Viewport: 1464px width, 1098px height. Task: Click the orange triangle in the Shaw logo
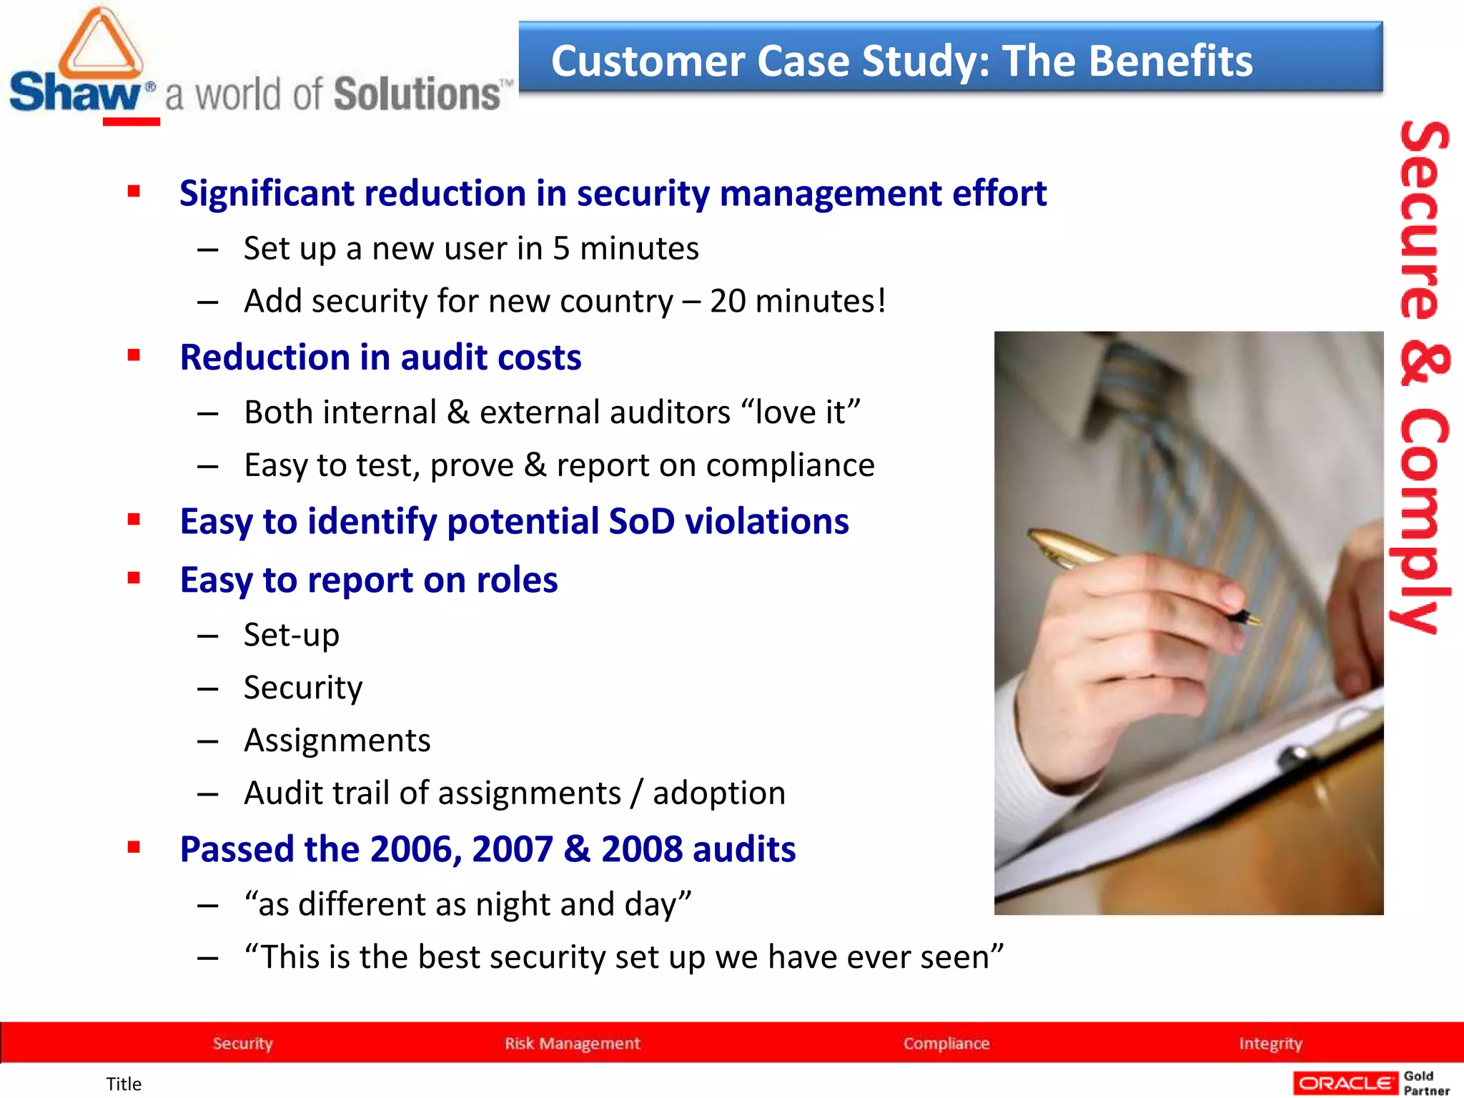(x=101, y=44)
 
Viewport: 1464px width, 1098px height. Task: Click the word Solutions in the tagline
(x=417, y=95)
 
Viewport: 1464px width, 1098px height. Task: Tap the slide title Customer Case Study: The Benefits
(x=901, y=61)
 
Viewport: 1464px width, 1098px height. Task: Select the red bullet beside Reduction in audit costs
(x=134, y=355)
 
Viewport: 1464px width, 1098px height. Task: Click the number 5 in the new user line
(x=561, y=249)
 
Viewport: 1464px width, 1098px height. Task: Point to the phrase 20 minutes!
(x=798, y=301)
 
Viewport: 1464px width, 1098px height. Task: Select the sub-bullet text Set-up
(x=291, y=635)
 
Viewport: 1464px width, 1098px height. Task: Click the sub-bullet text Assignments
(x=337, y=741)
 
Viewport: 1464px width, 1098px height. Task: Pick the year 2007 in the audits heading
(x=512, y=849)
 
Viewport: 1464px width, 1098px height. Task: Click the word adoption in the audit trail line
(x=718, y=793)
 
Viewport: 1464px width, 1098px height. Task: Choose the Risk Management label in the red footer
(x=572, y=1043)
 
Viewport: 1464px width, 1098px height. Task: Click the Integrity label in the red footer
(x=1270, y=1043)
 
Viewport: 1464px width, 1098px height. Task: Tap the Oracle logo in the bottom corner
(x=1345, y=1083)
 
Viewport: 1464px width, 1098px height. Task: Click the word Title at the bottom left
(x=124, y=1084)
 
